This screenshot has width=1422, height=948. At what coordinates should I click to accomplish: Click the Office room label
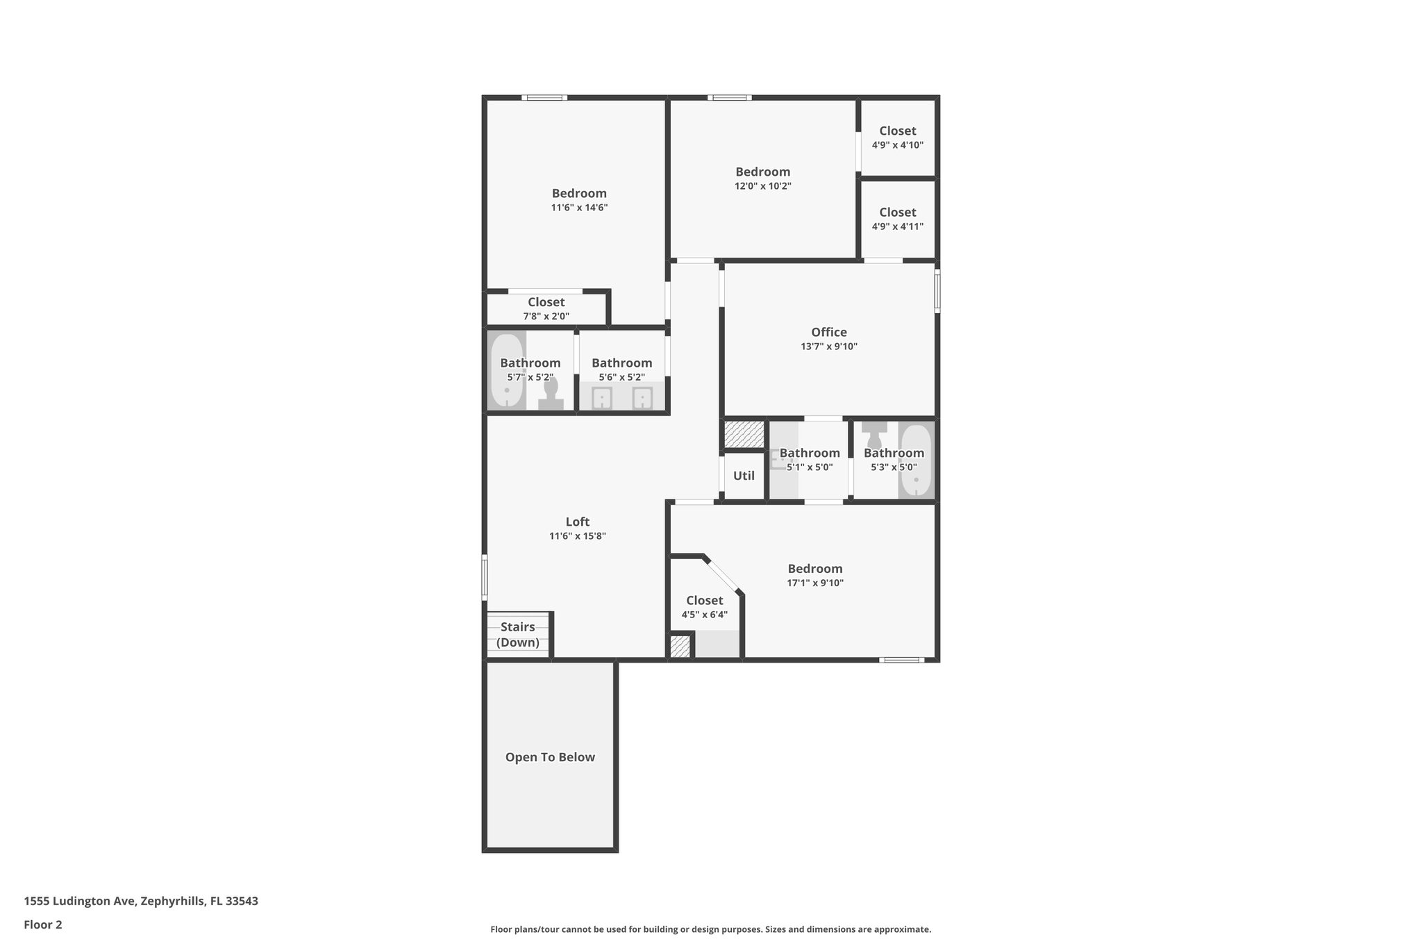828,332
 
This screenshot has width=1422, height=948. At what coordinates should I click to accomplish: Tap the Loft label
577,522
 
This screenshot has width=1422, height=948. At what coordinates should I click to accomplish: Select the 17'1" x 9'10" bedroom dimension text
814,583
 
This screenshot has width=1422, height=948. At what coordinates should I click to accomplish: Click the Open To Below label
550,757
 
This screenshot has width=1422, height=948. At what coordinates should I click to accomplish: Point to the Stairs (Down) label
517,635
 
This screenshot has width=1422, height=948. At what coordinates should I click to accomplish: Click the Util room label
744,476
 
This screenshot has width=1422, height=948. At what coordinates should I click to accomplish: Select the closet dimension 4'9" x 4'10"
897,145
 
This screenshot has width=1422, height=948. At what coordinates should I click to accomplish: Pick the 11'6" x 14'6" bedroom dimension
579,208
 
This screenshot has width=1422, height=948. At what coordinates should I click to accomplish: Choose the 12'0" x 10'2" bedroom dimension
762,186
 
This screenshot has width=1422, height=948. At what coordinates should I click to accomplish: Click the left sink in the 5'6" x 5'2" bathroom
601,399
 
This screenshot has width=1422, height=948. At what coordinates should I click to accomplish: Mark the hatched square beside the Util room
744,434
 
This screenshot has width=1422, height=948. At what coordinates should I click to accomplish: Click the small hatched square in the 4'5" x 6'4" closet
680,647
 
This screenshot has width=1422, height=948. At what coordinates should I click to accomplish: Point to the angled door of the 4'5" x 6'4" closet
723,574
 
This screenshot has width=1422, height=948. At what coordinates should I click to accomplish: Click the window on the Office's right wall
937,291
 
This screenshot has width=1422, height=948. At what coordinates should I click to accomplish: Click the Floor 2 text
43,924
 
